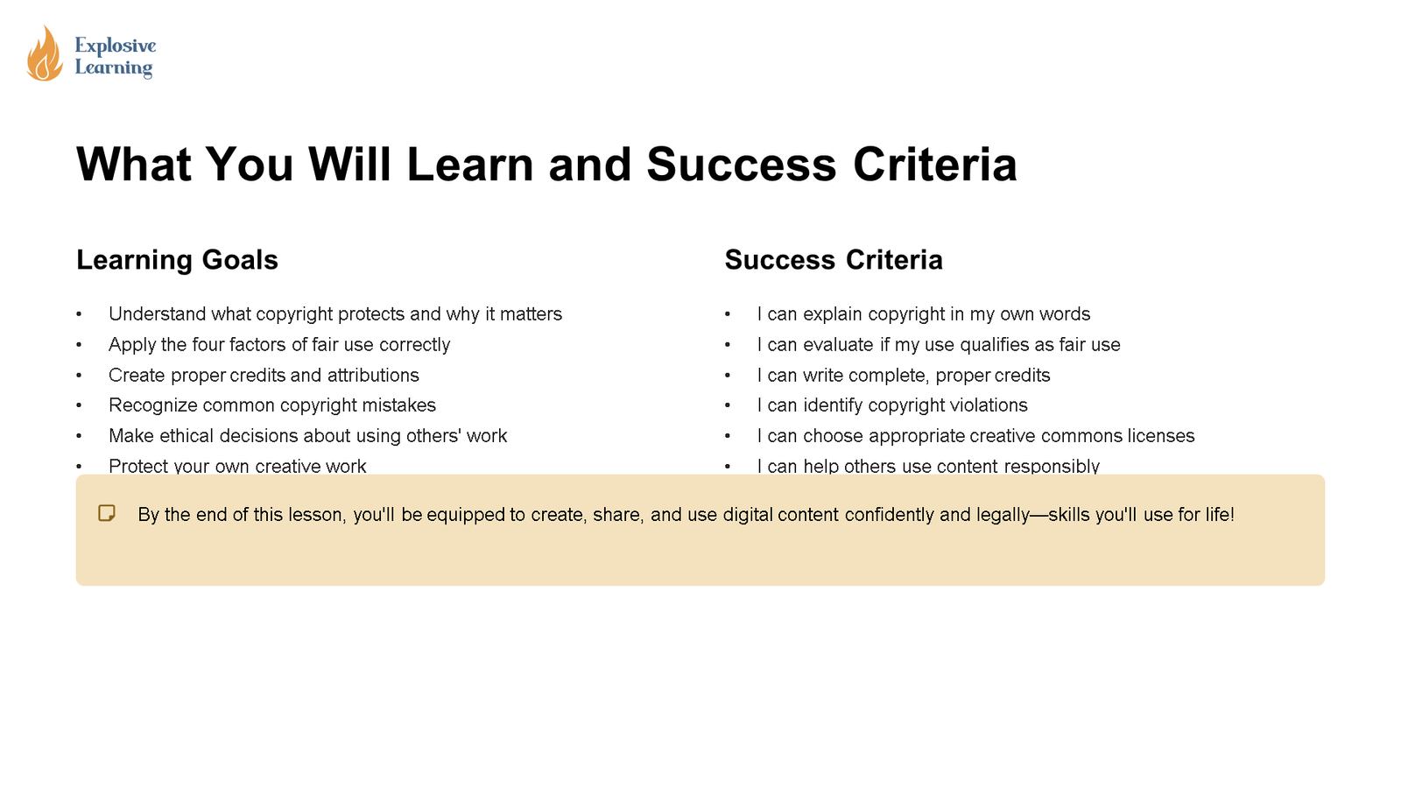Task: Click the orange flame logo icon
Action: click(x=45, y=54)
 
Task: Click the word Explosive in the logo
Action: click(x=116, y=46)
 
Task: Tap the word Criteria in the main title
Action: click(x=934, y=165)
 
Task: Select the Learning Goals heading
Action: click(x=177, y=260)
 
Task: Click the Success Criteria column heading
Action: click(x=834, y=260)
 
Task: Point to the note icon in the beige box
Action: click(x=107, y=514)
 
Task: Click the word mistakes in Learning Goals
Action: click(x=399, y=405)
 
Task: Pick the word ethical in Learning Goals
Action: click(x=187, y=436)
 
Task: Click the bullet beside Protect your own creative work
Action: click(x=79, y=467)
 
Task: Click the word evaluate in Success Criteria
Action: click(x=838, y=345)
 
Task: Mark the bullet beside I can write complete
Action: click(x=728, y=376)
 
